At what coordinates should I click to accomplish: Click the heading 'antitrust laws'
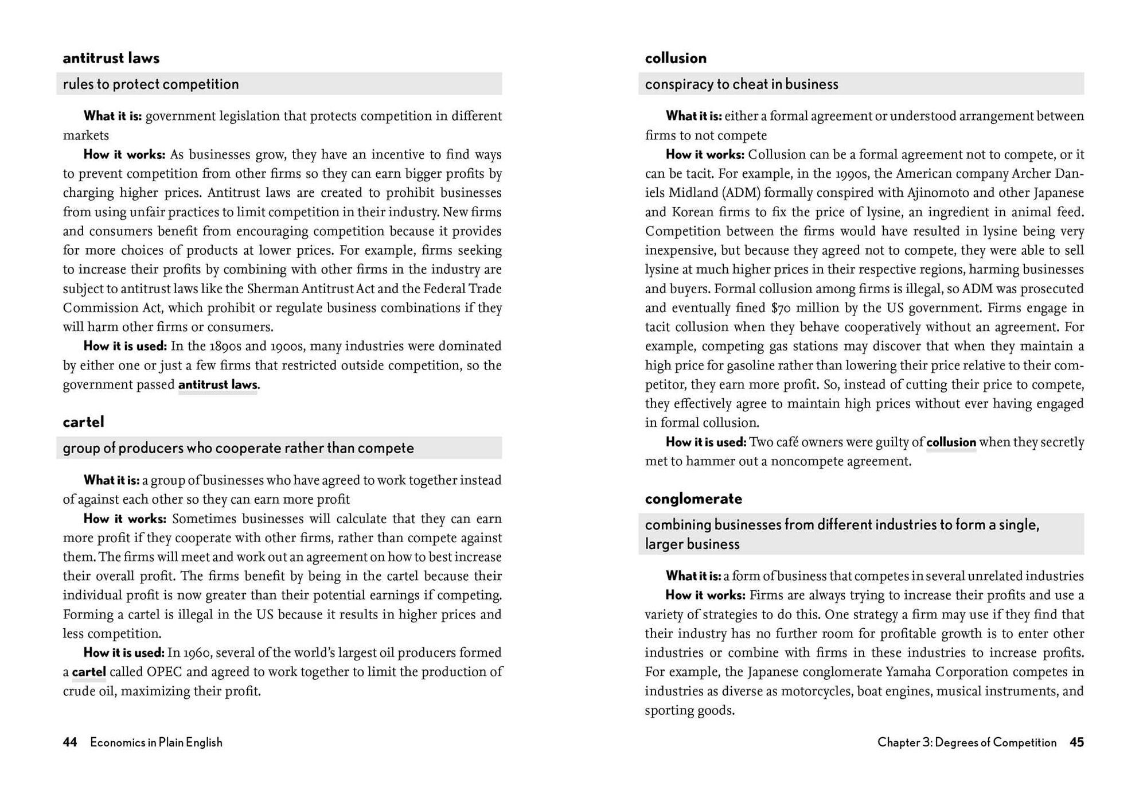(x=111, y=58)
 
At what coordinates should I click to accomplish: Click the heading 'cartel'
(x=83, y=422)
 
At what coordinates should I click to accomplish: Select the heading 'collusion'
(x=676, y=58)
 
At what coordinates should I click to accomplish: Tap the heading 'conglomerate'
(x=693, y=499)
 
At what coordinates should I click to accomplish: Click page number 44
(x=69, y=742)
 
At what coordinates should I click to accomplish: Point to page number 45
(x=1076, y=742)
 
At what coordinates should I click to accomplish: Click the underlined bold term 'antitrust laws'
(x=217, y=384)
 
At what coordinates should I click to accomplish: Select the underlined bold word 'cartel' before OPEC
(x=89, y=672)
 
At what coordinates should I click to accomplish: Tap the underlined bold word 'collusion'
(x=951, y=442)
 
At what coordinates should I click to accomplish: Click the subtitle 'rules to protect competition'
(x=150, y=84)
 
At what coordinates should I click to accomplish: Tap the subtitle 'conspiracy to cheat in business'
(x=741, y=84)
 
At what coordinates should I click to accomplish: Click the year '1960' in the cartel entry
(x=198, y=653)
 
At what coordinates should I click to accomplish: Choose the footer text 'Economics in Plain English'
(x=156, y=742)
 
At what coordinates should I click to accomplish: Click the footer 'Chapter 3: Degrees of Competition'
(x=966, y=742)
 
